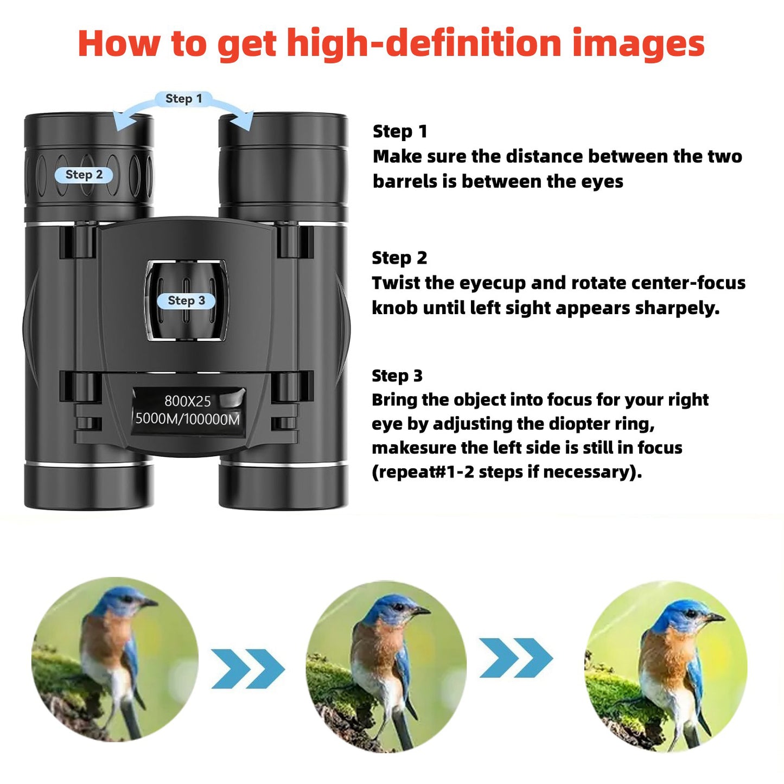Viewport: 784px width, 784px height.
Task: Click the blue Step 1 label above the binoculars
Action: point(183,99)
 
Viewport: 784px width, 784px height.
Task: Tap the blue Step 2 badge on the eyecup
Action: point(84,175)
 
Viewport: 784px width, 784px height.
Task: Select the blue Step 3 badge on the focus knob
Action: point(186,301)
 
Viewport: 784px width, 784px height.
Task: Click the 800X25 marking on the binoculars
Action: point(187,401)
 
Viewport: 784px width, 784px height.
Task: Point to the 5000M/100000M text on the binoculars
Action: point(187,419)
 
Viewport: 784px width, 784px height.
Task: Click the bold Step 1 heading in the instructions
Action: point(400,131)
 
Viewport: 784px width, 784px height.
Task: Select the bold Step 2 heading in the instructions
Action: point(399,258)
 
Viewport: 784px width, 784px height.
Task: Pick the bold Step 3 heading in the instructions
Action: point(397,375)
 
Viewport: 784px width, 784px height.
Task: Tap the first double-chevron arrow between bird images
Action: point(247,668)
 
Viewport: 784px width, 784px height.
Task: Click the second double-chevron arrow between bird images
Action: point(516,658)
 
